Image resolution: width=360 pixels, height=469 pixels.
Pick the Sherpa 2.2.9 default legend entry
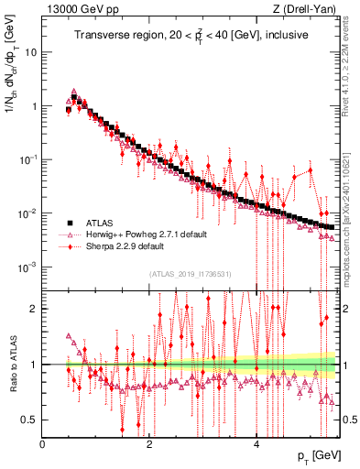click(127, 246)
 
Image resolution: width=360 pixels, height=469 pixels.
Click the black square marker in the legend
click(69, 223)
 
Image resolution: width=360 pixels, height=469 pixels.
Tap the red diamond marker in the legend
click(69, 246)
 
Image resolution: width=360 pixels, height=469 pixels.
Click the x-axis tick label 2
click(149, 444)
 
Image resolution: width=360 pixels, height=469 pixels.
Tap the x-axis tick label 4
click(256, 444)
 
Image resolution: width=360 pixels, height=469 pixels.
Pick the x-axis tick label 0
click(43, 444)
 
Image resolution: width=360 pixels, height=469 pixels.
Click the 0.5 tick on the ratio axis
click(30, 420)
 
